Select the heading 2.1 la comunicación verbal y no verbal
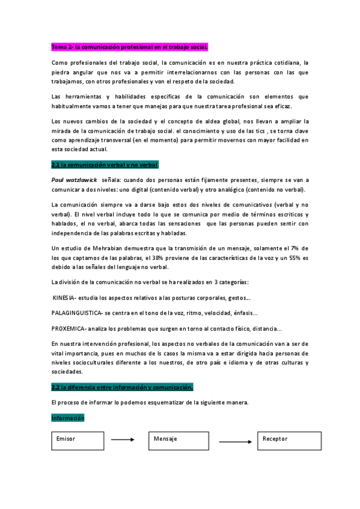pos(105,164)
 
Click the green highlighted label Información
pos(68,418)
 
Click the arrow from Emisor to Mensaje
pos(123,440)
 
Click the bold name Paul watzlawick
pos(74,179)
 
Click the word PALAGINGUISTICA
pos(78,313)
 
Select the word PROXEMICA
pos(69,328)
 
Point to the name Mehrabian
pos(111,248)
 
